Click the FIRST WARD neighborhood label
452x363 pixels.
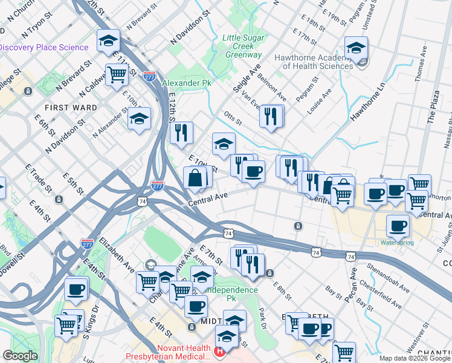coord(71,108)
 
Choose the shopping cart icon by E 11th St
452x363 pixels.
coord(117,74)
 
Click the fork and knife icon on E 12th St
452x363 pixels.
coord(181,132)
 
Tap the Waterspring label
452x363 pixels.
coord(397,243)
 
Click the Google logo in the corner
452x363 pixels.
coord(19,356)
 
